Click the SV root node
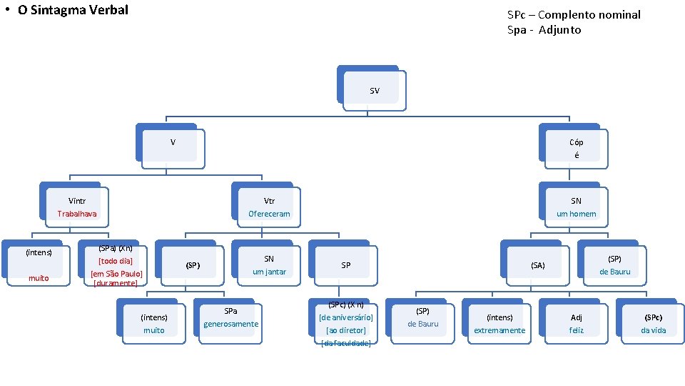click(x=374, y=91)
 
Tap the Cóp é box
click(x=576, y=148)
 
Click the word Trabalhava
click(x=77, y=214)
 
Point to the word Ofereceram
click(x=269, y=214)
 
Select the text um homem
click(x=576, y=214)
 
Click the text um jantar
click(x=269, y=272)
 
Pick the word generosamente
click(x=230, y=324)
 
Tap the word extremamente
click(x=499, y=330)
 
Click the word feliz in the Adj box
click(x=576, y=330)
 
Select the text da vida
click(x=653, y=330)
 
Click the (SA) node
click(x=537, y=265)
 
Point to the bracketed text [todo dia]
click(x=115, y=261)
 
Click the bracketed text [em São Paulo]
click(x=116, y=274)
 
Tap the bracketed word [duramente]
click(x=115, y=283)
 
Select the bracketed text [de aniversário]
click(x=345, y=317)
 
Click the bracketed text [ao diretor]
click(x=345, y=330)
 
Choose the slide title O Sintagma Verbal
click(x=73, y=10)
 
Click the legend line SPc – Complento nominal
click(x=574, y=14)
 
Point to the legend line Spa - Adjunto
click(x=544, y=29)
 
